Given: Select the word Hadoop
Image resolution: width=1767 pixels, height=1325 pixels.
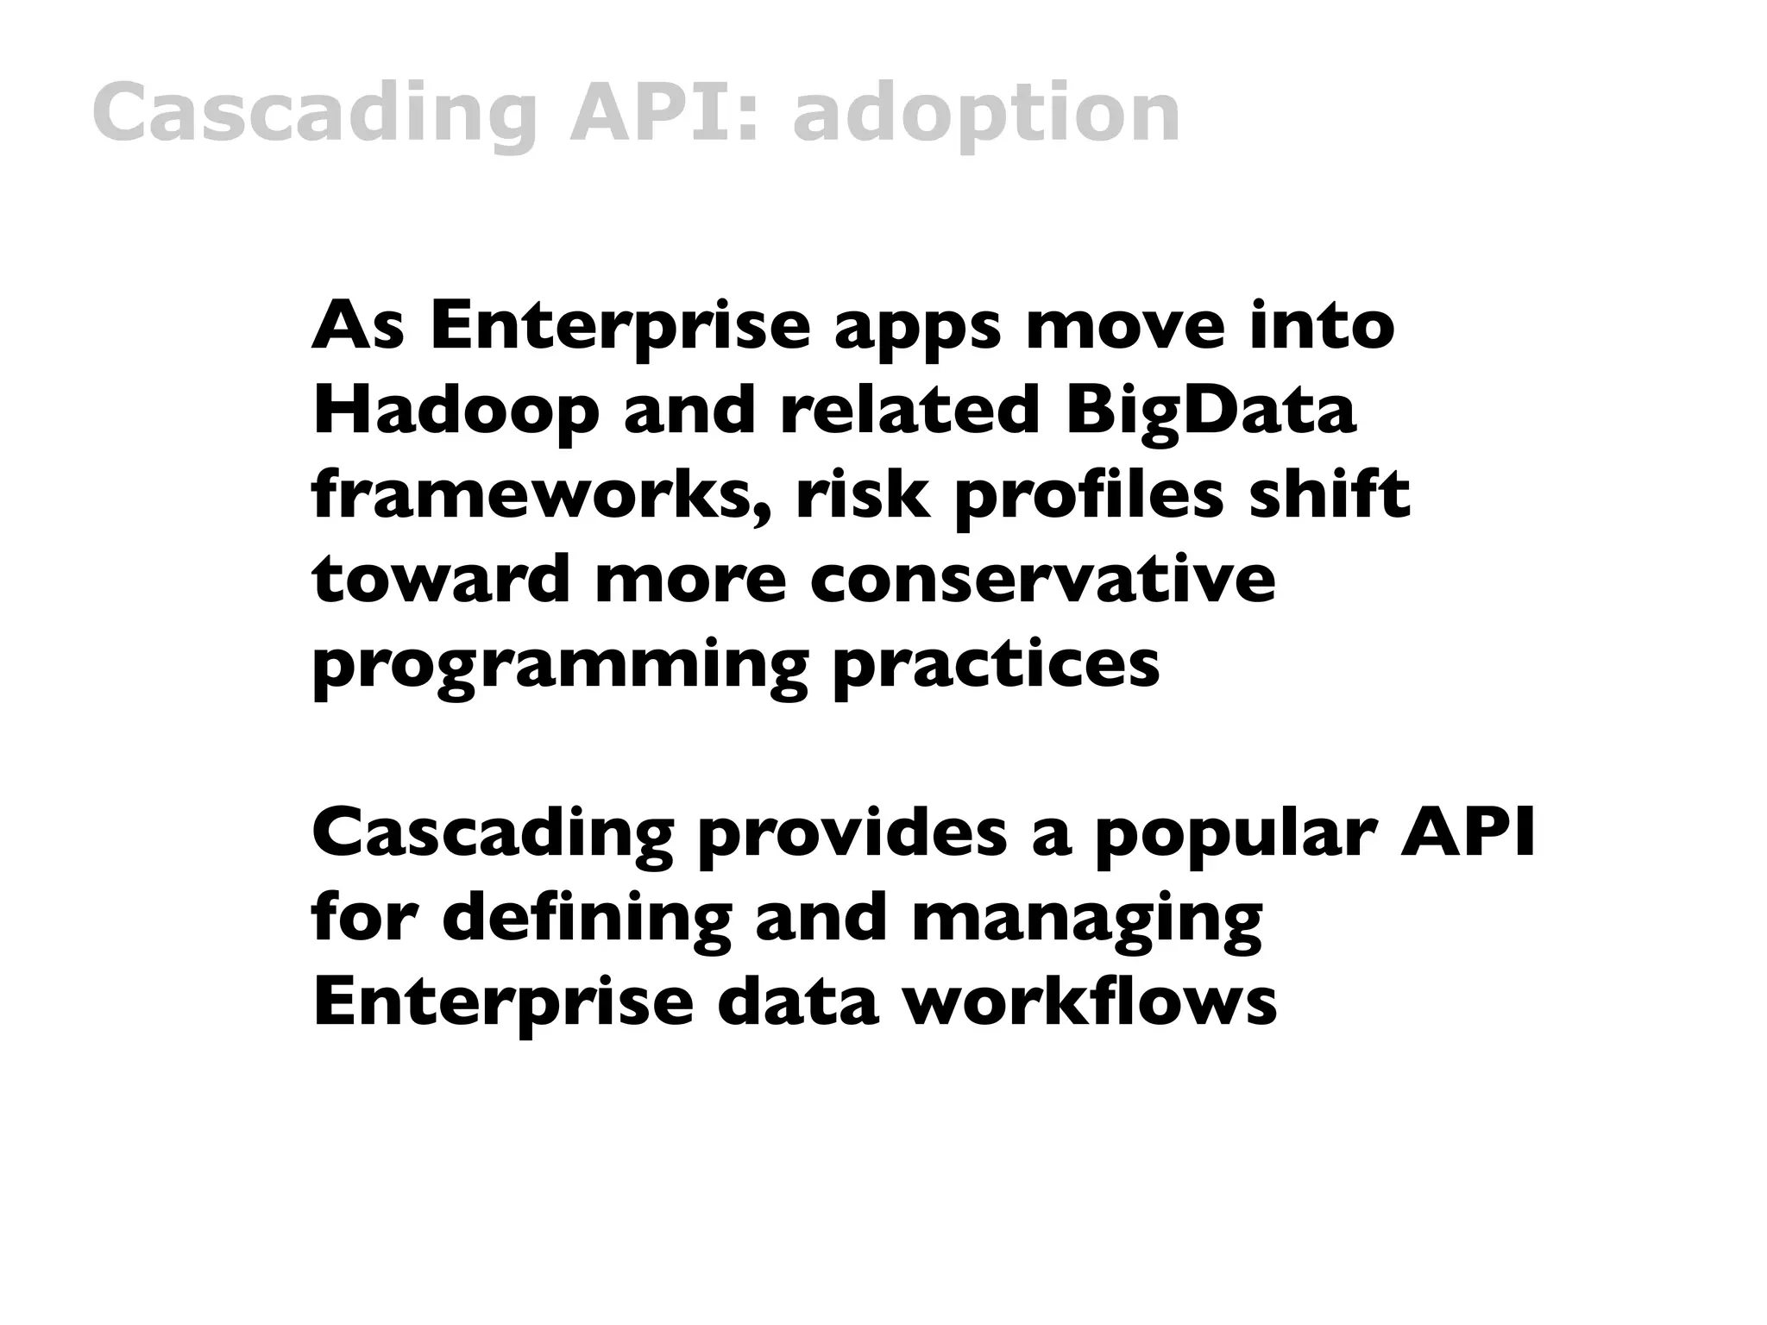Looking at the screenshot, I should (456, 411).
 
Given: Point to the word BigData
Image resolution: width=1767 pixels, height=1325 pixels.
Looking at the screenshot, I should (1210, 411).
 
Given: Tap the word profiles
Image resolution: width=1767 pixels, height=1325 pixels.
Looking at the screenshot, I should (1090, 496).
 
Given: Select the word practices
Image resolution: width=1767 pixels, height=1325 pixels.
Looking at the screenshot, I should (996, 664).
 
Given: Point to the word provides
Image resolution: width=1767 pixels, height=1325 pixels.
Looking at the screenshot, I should (852, 834).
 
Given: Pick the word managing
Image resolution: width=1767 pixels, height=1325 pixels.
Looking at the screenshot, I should (1086, 920).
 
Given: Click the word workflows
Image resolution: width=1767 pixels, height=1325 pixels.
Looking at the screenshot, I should (1090, 1002).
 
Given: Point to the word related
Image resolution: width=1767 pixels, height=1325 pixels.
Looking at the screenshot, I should (909, 411).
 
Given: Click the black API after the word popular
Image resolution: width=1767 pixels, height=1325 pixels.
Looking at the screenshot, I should (1468, 834).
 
